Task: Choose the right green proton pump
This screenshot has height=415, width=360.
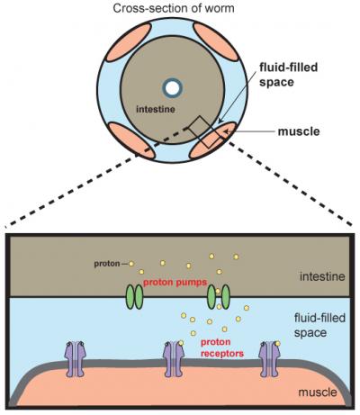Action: point(219,297)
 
